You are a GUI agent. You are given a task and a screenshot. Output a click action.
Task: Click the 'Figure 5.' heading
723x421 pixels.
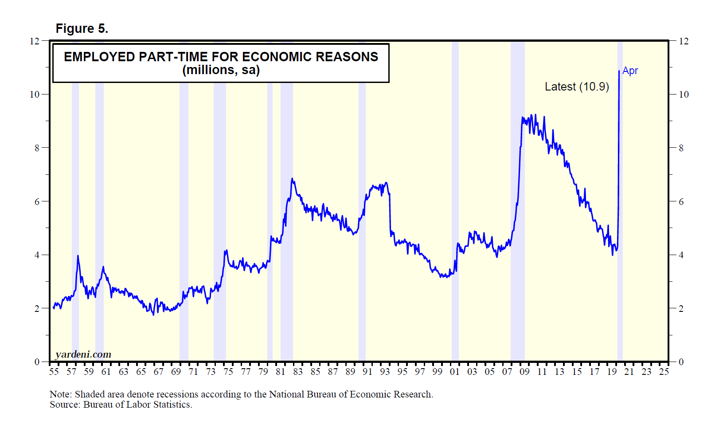pyautogui.click(x=82, y=29)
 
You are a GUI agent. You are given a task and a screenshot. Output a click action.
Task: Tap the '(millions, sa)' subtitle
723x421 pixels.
pyautogui.click(x=221, y=70)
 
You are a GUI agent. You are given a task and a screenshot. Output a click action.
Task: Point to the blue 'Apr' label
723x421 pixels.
pyautogui.click(x=630, y=71)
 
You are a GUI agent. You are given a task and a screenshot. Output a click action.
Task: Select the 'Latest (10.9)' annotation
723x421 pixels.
pyautogui.click(x=577, y=87)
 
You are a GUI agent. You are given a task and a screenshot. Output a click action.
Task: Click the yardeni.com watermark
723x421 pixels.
pyautogui.click(x=83, y=354)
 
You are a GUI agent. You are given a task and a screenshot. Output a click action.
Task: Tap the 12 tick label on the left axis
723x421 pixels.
pyautogui.click(x=34, y=41)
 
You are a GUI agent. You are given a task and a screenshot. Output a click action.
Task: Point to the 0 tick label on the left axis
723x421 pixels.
pyautogui.click(x=37, y=362)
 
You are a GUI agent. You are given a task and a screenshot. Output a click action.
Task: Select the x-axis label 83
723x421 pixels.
pyautogui.click(x=298, y=372)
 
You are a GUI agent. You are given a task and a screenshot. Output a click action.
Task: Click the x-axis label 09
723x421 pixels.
pyautogui.click(x=524, y=372)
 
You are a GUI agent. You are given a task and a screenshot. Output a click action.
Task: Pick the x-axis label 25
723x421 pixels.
pyautogui.click(x=664, y=372)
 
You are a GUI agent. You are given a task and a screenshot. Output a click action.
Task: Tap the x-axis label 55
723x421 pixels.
pyautogui.click(x=54, y=372)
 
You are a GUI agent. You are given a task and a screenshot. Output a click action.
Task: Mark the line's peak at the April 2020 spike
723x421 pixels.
pyautogui.click(x=619, y=71)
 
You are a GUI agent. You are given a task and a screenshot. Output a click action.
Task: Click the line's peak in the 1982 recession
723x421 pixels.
pyautogui.click(x=292, y=179)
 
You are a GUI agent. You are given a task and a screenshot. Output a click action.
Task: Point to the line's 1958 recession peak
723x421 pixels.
pyautogui.click(x=78, y=256)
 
